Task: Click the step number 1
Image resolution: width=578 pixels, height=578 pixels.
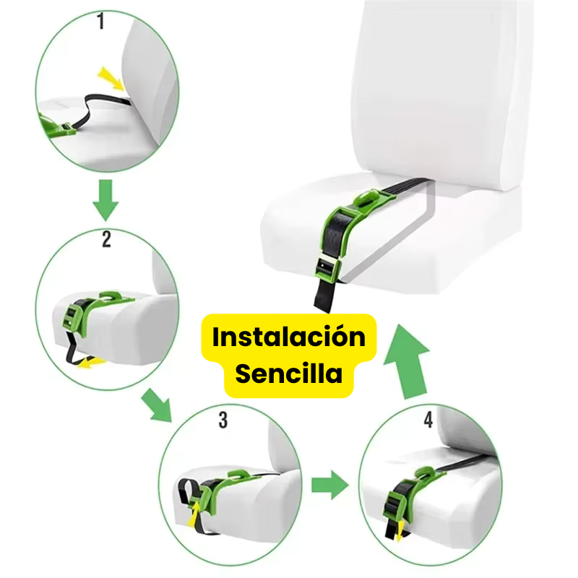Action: point(100,21)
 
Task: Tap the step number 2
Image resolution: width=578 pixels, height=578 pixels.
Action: point(106,239)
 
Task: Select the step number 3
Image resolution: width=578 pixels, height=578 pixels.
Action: point(223,420)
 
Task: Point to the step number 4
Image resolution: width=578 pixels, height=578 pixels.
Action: point(428,420)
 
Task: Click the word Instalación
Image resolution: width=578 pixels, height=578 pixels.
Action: point(288,337)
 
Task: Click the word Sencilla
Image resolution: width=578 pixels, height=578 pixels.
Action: point(288,374)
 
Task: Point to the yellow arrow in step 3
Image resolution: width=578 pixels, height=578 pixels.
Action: point(194,513)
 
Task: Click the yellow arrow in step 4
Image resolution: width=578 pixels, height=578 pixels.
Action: point(399,531)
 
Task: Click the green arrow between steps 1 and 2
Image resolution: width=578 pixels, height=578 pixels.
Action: point(105,200)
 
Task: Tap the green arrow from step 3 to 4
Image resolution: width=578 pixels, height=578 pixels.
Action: point(330,485)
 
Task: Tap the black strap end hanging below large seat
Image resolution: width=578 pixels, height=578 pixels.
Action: point(324,296)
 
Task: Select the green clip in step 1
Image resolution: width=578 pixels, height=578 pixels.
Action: point(57,127)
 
